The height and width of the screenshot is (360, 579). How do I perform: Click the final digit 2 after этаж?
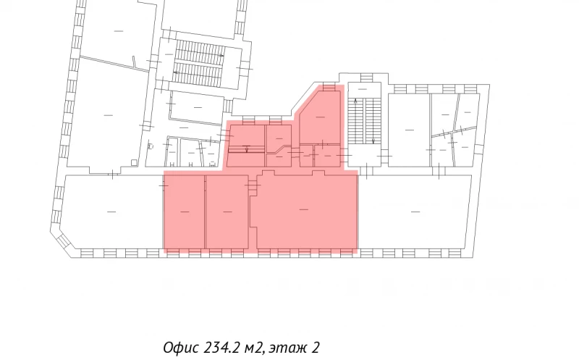316,348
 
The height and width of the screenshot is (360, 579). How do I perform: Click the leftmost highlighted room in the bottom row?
184,211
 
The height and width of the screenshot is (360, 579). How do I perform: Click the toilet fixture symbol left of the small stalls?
149,146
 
